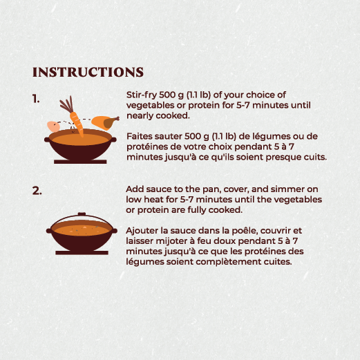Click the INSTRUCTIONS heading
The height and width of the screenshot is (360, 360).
(88, 73)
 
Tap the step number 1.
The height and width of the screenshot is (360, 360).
(36, 99)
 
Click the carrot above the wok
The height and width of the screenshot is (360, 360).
(76, 122)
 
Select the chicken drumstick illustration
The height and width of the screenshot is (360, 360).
(105, 122)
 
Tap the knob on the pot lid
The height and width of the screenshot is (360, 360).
(82, 215)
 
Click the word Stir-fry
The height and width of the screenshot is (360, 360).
(141, 95)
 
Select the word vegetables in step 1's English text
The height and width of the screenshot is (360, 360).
(151, 106)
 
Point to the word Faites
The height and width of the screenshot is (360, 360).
(141, 137)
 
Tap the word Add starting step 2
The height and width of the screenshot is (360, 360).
(136, 189)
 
